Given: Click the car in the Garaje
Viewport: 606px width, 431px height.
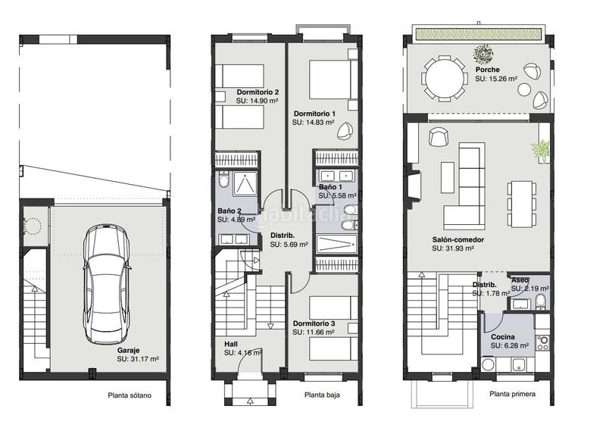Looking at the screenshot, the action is coord(106,285).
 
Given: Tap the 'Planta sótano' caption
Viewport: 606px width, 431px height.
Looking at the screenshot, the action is coord(130,395).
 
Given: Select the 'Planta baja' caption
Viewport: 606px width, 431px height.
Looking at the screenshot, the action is coord(322,395).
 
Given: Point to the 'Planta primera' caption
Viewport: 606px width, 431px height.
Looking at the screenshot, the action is coord(513,394).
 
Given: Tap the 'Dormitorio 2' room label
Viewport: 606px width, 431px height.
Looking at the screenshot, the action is coord(258,92).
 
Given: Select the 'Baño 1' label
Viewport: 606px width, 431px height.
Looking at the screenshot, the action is coord(330,187).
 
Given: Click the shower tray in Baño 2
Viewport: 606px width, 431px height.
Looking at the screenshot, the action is coord(244,184).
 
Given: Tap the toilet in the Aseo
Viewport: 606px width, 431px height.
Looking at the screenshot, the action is coord(541,301).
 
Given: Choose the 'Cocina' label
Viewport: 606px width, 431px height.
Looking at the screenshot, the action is coord(503,336).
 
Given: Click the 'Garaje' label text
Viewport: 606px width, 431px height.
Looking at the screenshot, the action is coord(128,351).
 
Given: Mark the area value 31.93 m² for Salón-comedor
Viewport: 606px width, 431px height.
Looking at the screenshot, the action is coord(453,248).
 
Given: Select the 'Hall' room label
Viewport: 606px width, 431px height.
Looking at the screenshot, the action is coord(231,344).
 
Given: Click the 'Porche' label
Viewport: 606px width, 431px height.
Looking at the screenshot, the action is coord(487,70).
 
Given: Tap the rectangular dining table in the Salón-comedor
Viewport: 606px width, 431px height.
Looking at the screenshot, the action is coord(521,204).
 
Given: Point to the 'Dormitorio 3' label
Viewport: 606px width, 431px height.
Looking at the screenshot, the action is coord(314,323).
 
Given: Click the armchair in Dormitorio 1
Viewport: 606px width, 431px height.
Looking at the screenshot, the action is coord(345,130).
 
